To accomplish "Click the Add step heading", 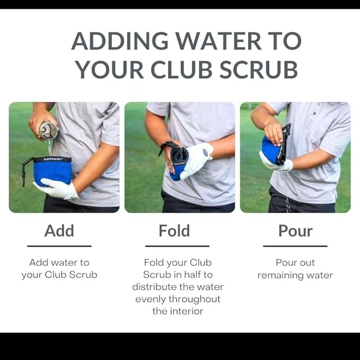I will point(59,231).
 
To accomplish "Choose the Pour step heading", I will point(295,231).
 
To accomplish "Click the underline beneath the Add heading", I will point(59,246).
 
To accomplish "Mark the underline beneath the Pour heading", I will point(295,246).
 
